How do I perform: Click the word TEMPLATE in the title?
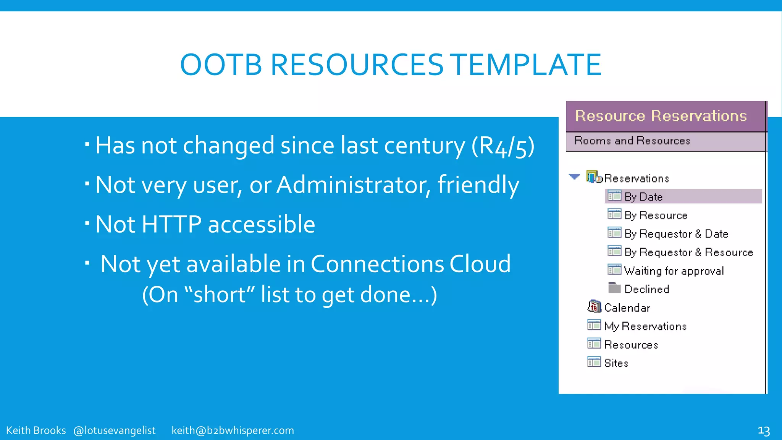click(527, 65)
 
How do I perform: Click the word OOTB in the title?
click(221, 65)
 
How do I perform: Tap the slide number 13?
click(763, 431)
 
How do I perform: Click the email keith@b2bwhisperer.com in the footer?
click(233, 430)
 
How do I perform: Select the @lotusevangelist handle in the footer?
click(114, 430)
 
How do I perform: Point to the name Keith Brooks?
click(36, 430)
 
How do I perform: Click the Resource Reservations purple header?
click(661, 116)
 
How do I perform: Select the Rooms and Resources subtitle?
click(632, 141)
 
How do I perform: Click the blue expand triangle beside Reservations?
click(574, 177)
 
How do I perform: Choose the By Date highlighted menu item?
click(643, 197)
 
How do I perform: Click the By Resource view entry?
click(656, 215)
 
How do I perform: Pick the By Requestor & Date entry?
click(676, 234)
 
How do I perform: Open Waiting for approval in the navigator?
click(674, 271)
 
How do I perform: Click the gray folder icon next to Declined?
click(614, 288)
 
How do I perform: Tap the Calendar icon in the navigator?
click(594, 307)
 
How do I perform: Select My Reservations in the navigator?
click(645, 326)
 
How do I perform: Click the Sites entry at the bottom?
click(616, 363)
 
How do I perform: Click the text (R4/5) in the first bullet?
click(503, 146)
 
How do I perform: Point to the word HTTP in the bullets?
click(171, 224)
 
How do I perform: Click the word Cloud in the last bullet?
click(480, 264)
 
